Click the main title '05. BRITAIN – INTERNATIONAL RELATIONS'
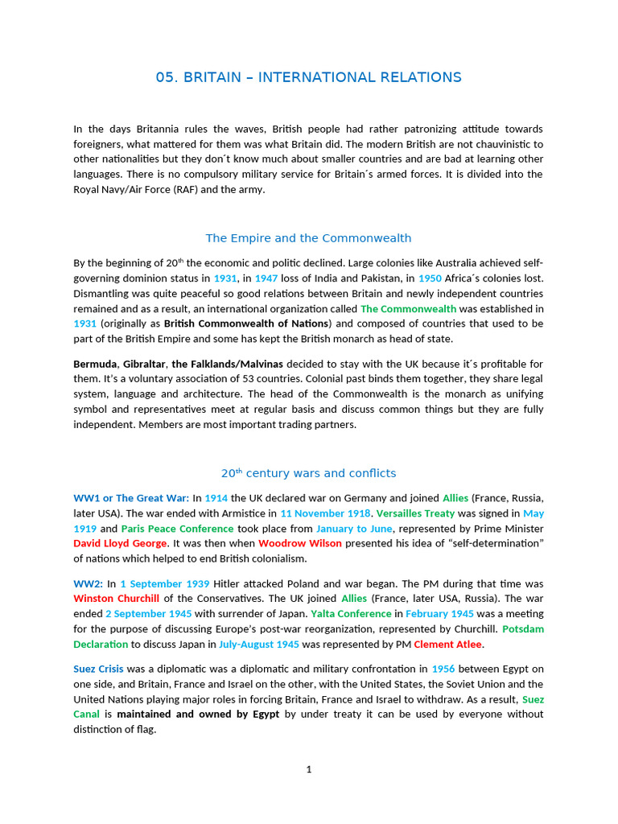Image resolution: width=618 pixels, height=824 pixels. [x=308, y=77]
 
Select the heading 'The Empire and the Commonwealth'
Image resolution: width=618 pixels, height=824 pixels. [x=308, y=238]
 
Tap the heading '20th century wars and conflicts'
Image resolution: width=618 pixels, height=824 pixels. [x=308, y=473]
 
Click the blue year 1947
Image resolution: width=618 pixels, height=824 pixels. [x=266, y=278]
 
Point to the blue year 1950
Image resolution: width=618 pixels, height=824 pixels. [x=430, y=278]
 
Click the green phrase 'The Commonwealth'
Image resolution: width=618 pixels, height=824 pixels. [x=408, y=308]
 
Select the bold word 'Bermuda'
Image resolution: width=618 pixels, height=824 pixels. [x=95, y=364]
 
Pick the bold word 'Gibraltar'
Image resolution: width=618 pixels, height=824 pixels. [x=144, y=364]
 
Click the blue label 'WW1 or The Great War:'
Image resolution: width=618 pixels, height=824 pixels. [x=131, y=498]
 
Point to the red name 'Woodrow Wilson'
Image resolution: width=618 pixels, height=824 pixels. [x=300, y=543]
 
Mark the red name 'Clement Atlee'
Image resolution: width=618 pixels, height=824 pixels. [x=448, y=644]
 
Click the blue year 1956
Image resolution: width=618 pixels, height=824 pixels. [x=443, y=669]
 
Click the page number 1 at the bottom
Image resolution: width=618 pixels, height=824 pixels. [x=308, y=769]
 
